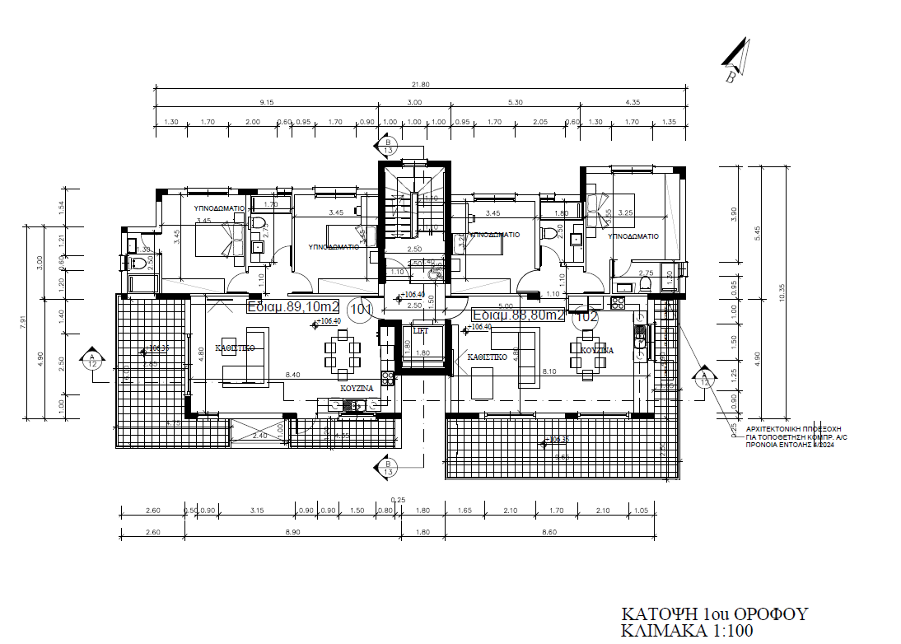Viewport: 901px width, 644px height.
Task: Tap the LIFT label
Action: (x=420, y=329)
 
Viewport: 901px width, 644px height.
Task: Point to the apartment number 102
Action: (x=586, y=315)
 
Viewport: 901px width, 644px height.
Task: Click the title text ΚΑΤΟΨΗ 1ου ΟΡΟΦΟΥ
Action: (x=714, y=614)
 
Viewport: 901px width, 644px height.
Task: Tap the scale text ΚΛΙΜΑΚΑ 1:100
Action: (x=688, y=632)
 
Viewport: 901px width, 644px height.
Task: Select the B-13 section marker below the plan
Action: (x=387, y=468)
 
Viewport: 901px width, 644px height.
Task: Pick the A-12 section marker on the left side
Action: (x=92, y=358)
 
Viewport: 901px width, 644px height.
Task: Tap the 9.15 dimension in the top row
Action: (x=265, y=102)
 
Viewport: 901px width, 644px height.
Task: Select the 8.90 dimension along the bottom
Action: (x=293, y=533)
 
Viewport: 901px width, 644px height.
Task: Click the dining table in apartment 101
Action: (x=342, y=352)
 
